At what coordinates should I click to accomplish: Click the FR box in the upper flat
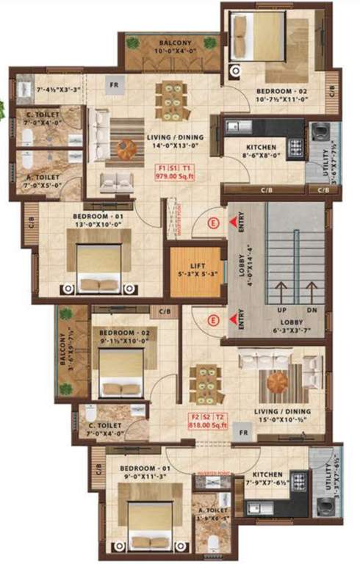point(115,84)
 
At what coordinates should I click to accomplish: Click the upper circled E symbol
point(214,222)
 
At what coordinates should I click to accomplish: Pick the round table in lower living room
point(278,383)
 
